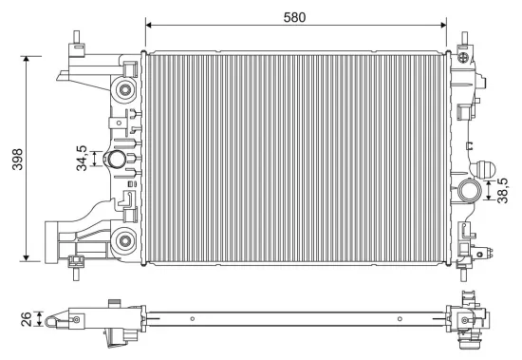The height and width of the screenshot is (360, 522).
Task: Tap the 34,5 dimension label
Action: click(x=84, y=158)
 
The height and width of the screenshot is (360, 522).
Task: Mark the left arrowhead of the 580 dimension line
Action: click(x=147, y=26)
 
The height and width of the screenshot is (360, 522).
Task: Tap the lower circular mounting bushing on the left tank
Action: click(x=122, y=237)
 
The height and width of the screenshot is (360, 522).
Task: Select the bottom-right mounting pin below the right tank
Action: click(x=465, y=277)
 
